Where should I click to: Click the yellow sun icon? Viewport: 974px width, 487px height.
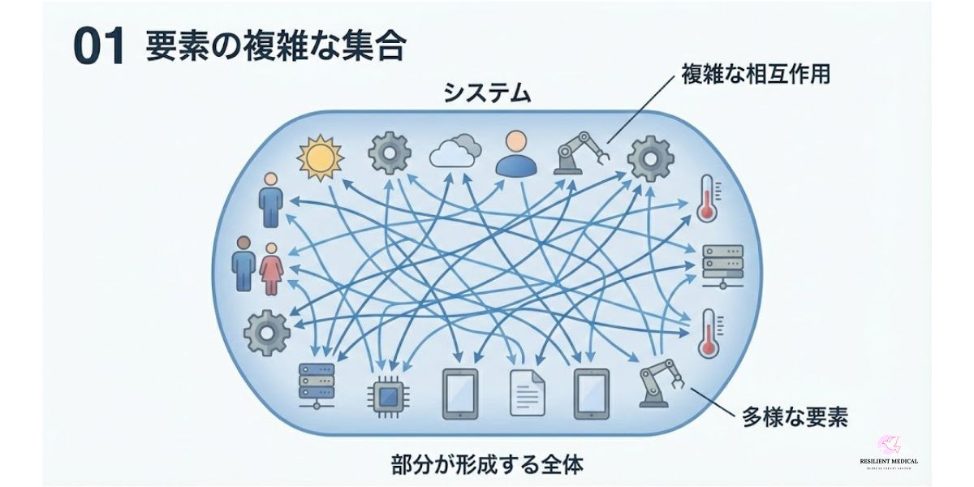(321, 156)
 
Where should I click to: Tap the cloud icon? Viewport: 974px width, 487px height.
(455, 152)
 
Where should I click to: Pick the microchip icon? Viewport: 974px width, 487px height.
(389, 396)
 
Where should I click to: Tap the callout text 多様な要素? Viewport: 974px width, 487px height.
(795, 419)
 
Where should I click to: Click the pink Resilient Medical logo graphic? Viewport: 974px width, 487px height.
(887, 446)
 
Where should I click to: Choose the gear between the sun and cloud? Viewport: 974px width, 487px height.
(389, 153)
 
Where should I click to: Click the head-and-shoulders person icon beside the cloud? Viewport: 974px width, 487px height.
(516, 153)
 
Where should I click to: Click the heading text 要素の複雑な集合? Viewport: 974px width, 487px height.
(275, 48)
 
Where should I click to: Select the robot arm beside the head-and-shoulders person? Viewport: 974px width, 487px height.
(580, 153)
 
